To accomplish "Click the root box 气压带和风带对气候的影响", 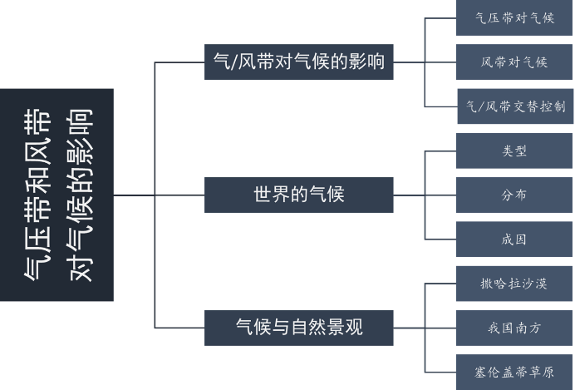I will [x=57, y=195].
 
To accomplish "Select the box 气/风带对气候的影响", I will [x=299, y=62].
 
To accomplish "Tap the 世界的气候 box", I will [x=299, y=195].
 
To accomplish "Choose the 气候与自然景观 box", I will [x=299, y=327].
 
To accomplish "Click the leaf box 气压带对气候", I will [x=514, y=17].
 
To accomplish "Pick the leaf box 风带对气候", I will [x=514, y=62].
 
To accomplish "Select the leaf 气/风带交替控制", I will [x=515, y=106].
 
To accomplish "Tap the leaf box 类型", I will [x=514, y=151].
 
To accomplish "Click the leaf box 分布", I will [x=514, y=195].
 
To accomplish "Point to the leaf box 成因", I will [x=514, y=239].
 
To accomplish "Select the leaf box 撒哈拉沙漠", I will [x=514, y=284].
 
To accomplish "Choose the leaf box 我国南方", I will [x=514, y=328].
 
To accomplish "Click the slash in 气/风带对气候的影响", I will [x=233, y=62].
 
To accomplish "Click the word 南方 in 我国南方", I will [x=527, y=328].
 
